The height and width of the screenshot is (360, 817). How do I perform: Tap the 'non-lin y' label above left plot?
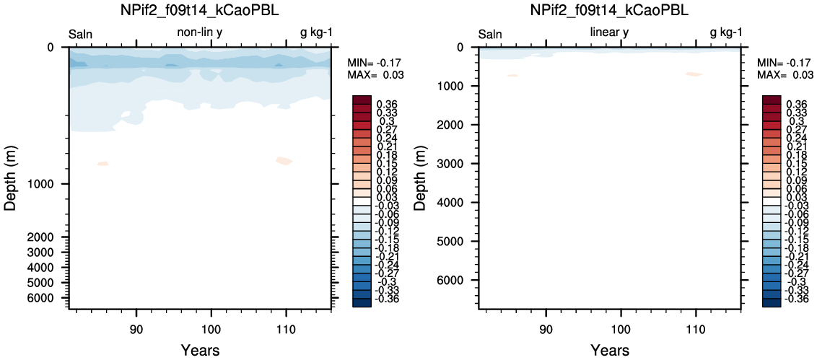[200, 32]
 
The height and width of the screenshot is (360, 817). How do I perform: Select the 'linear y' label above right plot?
[609, 32]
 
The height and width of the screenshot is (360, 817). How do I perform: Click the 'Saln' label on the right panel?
[490, 35]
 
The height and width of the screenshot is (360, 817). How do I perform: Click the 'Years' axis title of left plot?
[200, 350]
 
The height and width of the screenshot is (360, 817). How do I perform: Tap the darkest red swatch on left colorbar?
[362, 100]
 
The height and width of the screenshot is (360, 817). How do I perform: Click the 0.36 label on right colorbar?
[796, 104]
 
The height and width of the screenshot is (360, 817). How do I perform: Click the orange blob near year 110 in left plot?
[284, 161]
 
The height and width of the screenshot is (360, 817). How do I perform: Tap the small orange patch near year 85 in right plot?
[512, 76]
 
